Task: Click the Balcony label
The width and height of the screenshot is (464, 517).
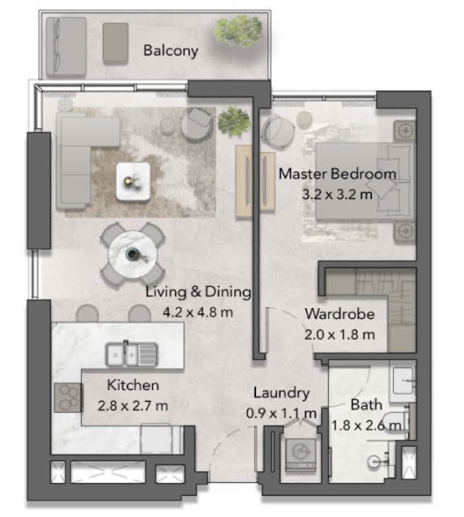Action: [171, 51]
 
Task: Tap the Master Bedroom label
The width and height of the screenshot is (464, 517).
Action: [337, 174]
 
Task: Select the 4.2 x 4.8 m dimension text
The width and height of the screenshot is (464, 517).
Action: [198, 312]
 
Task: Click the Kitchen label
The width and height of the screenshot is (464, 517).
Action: [133, 385]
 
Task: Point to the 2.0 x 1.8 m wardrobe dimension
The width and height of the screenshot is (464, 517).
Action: [339, 335]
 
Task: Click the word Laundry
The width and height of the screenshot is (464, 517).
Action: [282, 393]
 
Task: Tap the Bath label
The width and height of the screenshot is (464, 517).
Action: [366, 404]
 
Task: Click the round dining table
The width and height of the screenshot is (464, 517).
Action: [133, 255]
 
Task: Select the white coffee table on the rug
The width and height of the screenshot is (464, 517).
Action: [133, 181]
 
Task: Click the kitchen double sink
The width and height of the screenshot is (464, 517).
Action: [131, 355]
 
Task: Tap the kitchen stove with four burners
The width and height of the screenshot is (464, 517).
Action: [68, 398]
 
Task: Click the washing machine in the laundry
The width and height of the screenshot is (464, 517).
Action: [300, 454]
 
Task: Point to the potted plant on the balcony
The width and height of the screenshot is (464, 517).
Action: [238, 30]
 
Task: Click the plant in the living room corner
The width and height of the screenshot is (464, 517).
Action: [233, 121]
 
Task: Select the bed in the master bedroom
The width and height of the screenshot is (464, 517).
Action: [365, 181]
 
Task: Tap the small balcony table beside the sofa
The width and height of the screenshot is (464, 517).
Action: [115, 43]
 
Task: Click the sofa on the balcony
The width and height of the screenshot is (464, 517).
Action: [66, 47]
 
